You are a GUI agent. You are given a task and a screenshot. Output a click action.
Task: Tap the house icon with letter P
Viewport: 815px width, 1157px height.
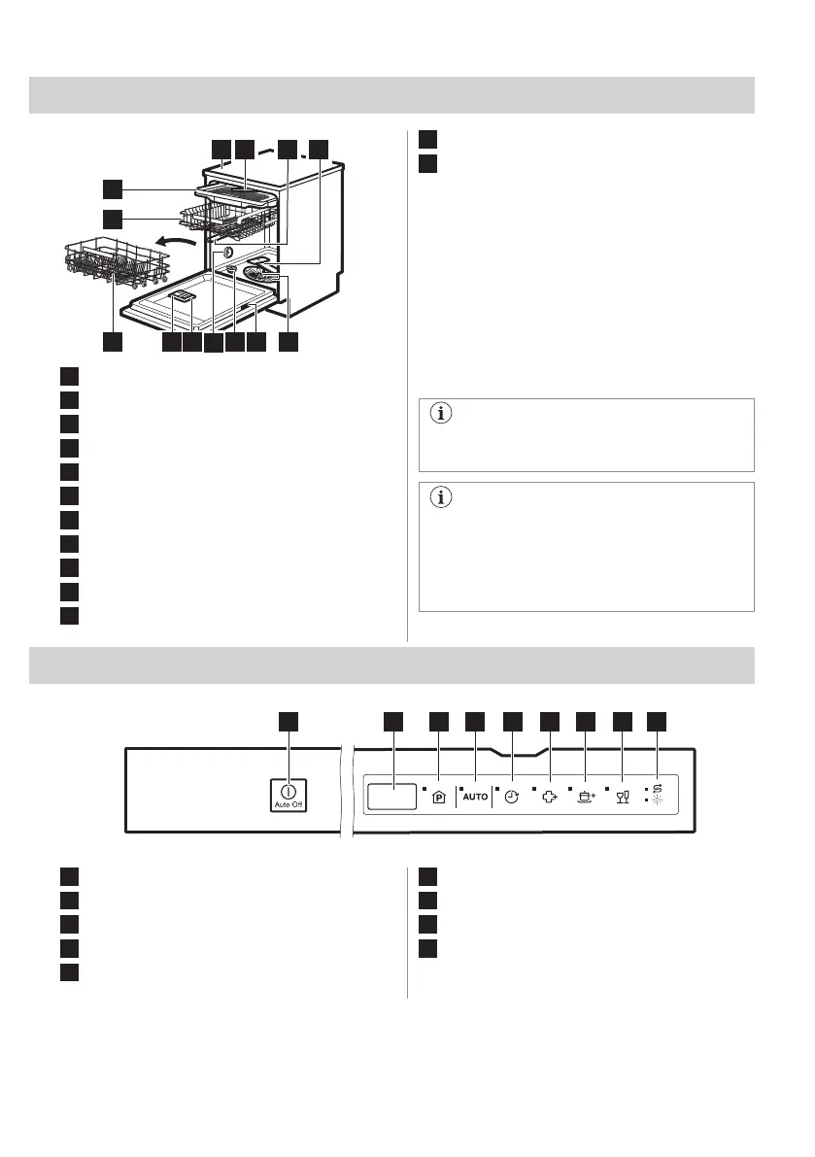click(x=438, y=797)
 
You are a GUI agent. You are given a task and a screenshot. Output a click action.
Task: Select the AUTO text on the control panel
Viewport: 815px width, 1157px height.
click(x=475, y=797)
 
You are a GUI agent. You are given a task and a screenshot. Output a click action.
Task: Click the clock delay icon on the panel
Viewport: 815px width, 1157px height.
click(x=512, y=797)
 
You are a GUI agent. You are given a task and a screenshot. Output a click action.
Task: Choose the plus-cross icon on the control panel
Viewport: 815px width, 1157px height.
click(x=549, y=797)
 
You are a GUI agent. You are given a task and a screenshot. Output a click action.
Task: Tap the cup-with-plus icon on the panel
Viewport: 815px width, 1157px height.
click(x=586, y=797)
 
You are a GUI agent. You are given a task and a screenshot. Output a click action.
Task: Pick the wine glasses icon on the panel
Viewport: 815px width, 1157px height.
click(x=623, y=797)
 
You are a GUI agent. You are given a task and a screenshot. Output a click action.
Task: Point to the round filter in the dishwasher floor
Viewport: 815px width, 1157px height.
click(x=259, y=276)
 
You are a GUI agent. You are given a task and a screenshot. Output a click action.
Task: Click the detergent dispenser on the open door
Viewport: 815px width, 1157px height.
click(x=182, y=299)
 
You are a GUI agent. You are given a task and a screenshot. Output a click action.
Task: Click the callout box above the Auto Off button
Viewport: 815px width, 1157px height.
click(x=289, y=721)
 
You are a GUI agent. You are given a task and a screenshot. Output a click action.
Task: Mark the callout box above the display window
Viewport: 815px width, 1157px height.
click(x=393, y=721)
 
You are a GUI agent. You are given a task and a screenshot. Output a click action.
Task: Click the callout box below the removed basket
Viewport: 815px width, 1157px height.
click(x=115, y=343)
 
